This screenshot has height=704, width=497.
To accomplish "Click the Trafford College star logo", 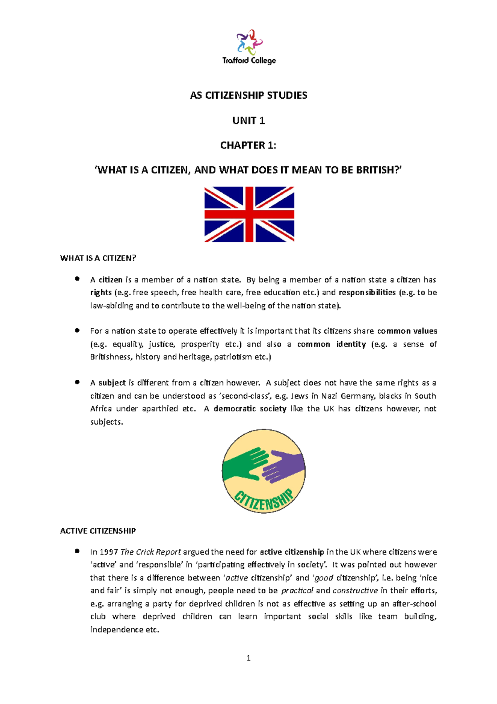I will (249, 42).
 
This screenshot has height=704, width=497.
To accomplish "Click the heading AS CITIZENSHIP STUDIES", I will (248, 95).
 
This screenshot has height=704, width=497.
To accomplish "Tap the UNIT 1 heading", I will (248, 121).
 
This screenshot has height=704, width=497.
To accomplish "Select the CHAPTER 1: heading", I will (248, 146).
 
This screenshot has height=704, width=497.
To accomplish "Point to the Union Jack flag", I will (249, 214).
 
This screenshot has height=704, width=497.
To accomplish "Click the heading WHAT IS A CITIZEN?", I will (98, 258).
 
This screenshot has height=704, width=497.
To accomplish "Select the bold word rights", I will (101, 293).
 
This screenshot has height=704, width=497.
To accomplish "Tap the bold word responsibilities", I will (367, 293).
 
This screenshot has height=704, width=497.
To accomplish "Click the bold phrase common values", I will (407, 331).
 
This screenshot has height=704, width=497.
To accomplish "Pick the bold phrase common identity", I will (331, 345).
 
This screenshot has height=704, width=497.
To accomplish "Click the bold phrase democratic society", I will (250, 409).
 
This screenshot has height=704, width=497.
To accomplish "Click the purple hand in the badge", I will (284, 466).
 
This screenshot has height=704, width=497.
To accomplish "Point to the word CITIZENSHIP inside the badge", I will (264, 499).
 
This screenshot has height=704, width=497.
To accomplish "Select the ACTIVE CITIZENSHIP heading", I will (98, 531).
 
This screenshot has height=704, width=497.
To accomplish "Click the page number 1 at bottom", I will (248, 658).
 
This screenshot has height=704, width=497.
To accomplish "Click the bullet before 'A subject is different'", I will (77, 382).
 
